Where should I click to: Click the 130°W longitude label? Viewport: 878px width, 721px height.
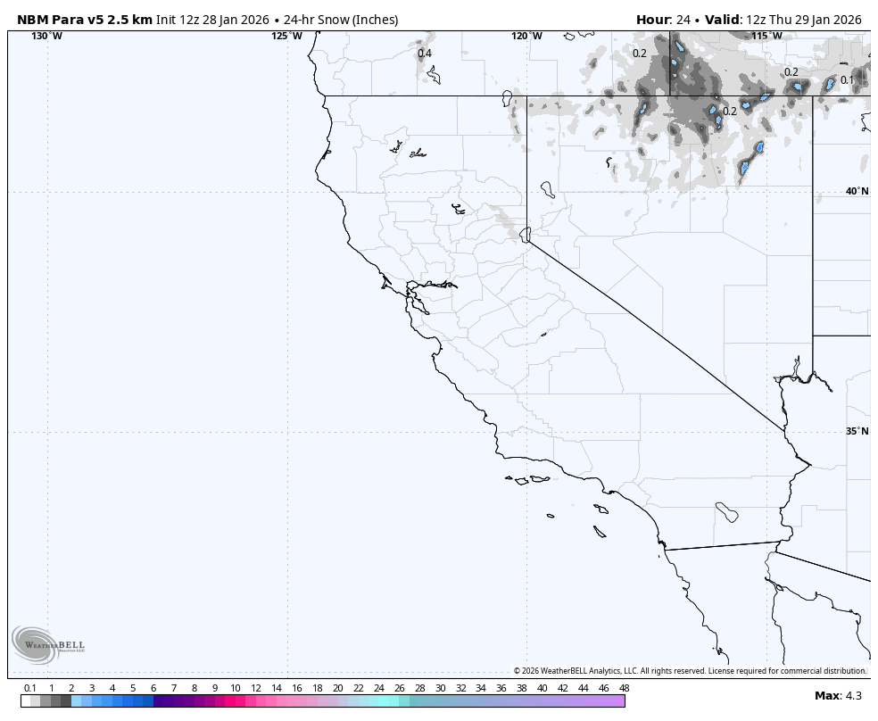47,36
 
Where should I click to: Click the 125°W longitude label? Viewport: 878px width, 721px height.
287,36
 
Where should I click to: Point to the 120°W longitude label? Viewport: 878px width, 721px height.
526,36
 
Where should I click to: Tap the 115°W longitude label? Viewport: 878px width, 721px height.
766,36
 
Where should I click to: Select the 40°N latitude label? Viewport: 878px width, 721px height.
857,191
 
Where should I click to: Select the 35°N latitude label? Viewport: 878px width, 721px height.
857,431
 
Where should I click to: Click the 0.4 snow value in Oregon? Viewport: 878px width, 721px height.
425,54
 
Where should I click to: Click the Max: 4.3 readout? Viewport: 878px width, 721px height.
838,695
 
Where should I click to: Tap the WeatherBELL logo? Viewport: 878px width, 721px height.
48,644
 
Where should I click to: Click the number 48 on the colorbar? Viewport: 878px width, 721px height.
624,688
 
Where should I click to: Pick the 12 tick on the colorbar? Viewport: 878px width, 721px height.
256,688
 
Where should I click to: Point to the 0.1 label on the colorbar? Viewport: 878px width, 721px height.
30,688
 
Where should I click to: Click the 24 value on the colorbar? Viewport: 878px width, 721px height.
378,688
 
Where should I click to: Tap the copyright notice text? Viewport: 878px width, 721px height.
689,671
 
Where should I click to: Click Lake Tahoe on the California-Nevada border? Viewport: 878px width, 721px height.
526,235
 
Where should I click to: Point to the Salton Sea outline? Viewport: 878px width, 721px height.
726,512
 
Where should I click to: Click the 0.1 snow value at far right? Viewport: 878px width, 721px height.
847,80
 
